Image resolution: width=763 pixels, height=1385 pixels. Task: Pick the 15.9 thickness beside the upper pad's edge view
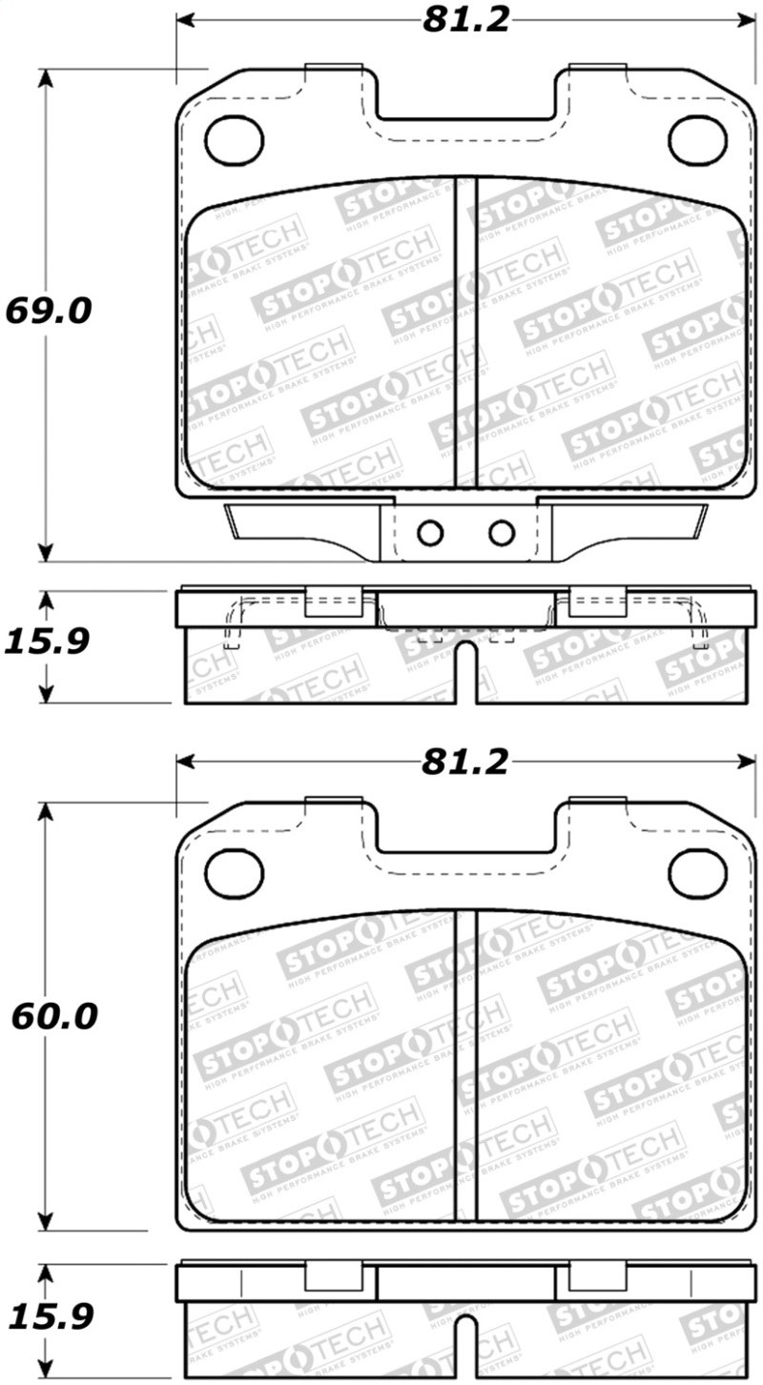(x=47, y=641)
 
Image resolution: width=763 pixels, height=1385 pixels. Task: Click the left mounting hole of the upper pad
(x=234, y=139)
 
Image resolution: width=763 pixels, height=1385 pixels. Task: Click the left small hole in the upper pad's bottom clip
(x=431, y=532)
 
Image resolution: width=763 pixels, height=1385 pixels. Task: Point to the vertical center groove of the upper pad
(x=465, y=334)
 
